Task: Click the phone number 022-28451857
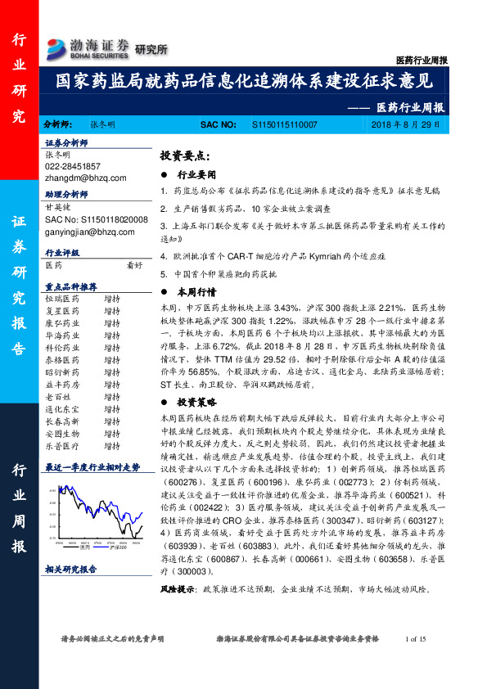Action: pyautogui.click(x=72, y=166)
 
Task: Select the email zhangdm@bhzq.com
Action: pyautogui.click(x=85, y=178)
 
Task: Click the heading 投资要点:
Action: pyautogui.click(x=185, y=155)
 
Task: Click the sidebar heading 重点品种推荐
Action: pyautogui.click(x=70, y=287)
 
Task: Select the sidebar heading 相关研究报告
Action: pyautogui.click(x=70, y=568)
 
